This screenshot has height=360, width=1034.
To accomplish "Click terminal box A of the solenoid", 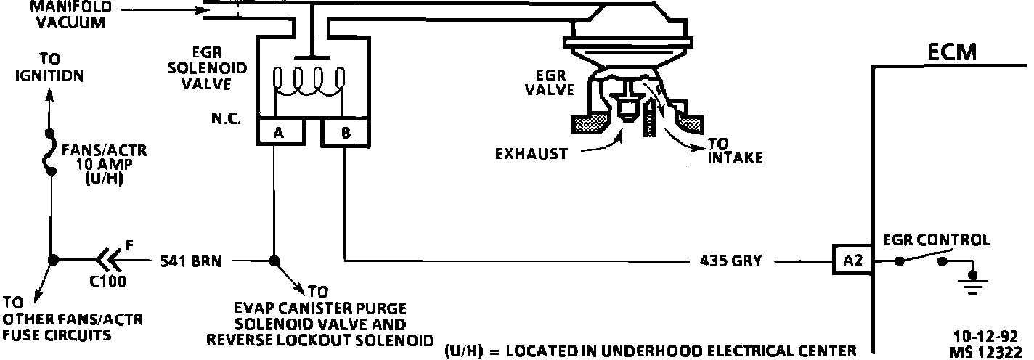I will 277,133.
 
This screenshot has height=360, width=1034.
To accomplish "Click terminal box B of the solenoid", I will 345,133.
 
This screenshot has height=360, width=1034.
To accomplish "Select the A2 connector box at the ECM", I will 852,260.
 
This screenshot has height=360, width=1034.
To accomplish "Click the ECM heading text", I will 952,52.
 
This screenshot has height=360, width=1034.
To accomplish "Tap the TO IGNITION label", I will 49,67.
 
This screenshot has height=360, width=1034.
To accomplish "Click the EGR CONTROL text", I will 935,240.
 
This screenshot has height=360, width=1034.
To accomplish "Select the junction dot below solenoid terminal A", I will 274,261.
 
